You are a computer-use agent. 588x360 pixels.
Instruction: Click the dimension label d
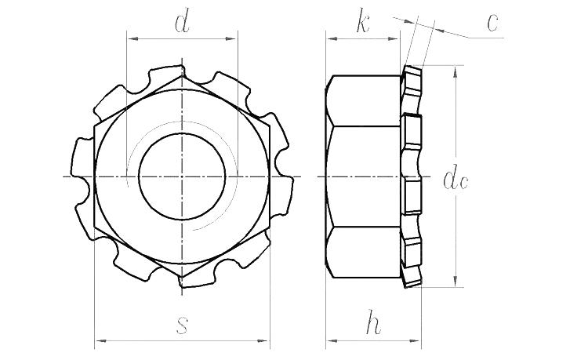point(182,23)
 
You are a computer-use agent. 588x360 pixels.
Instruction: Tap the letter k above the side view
point(362,23)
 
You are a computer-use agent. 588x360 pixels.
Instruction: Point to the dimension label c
point(492,23)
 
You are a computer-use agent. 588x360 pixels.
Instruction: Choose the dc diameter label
point(456,179)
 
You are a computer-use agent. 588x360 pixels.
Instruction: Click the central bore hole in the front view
point(182,176)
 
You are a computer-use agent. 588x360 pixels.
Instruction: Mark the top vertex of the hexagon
point(182,75)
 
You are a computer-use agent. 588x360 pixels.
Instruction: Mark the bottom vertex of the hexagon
point(182,278)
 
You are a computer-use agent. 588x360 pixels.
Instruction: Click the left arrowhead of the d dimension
point(130,37)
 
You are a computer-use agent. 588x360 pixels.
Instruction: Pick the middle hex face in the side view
point(365,176)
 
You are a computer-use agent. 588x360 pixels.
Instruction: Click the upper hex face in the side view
point(365,100)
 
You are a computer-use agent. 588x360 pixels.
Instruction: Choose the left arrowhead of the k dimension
point(331,37)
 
